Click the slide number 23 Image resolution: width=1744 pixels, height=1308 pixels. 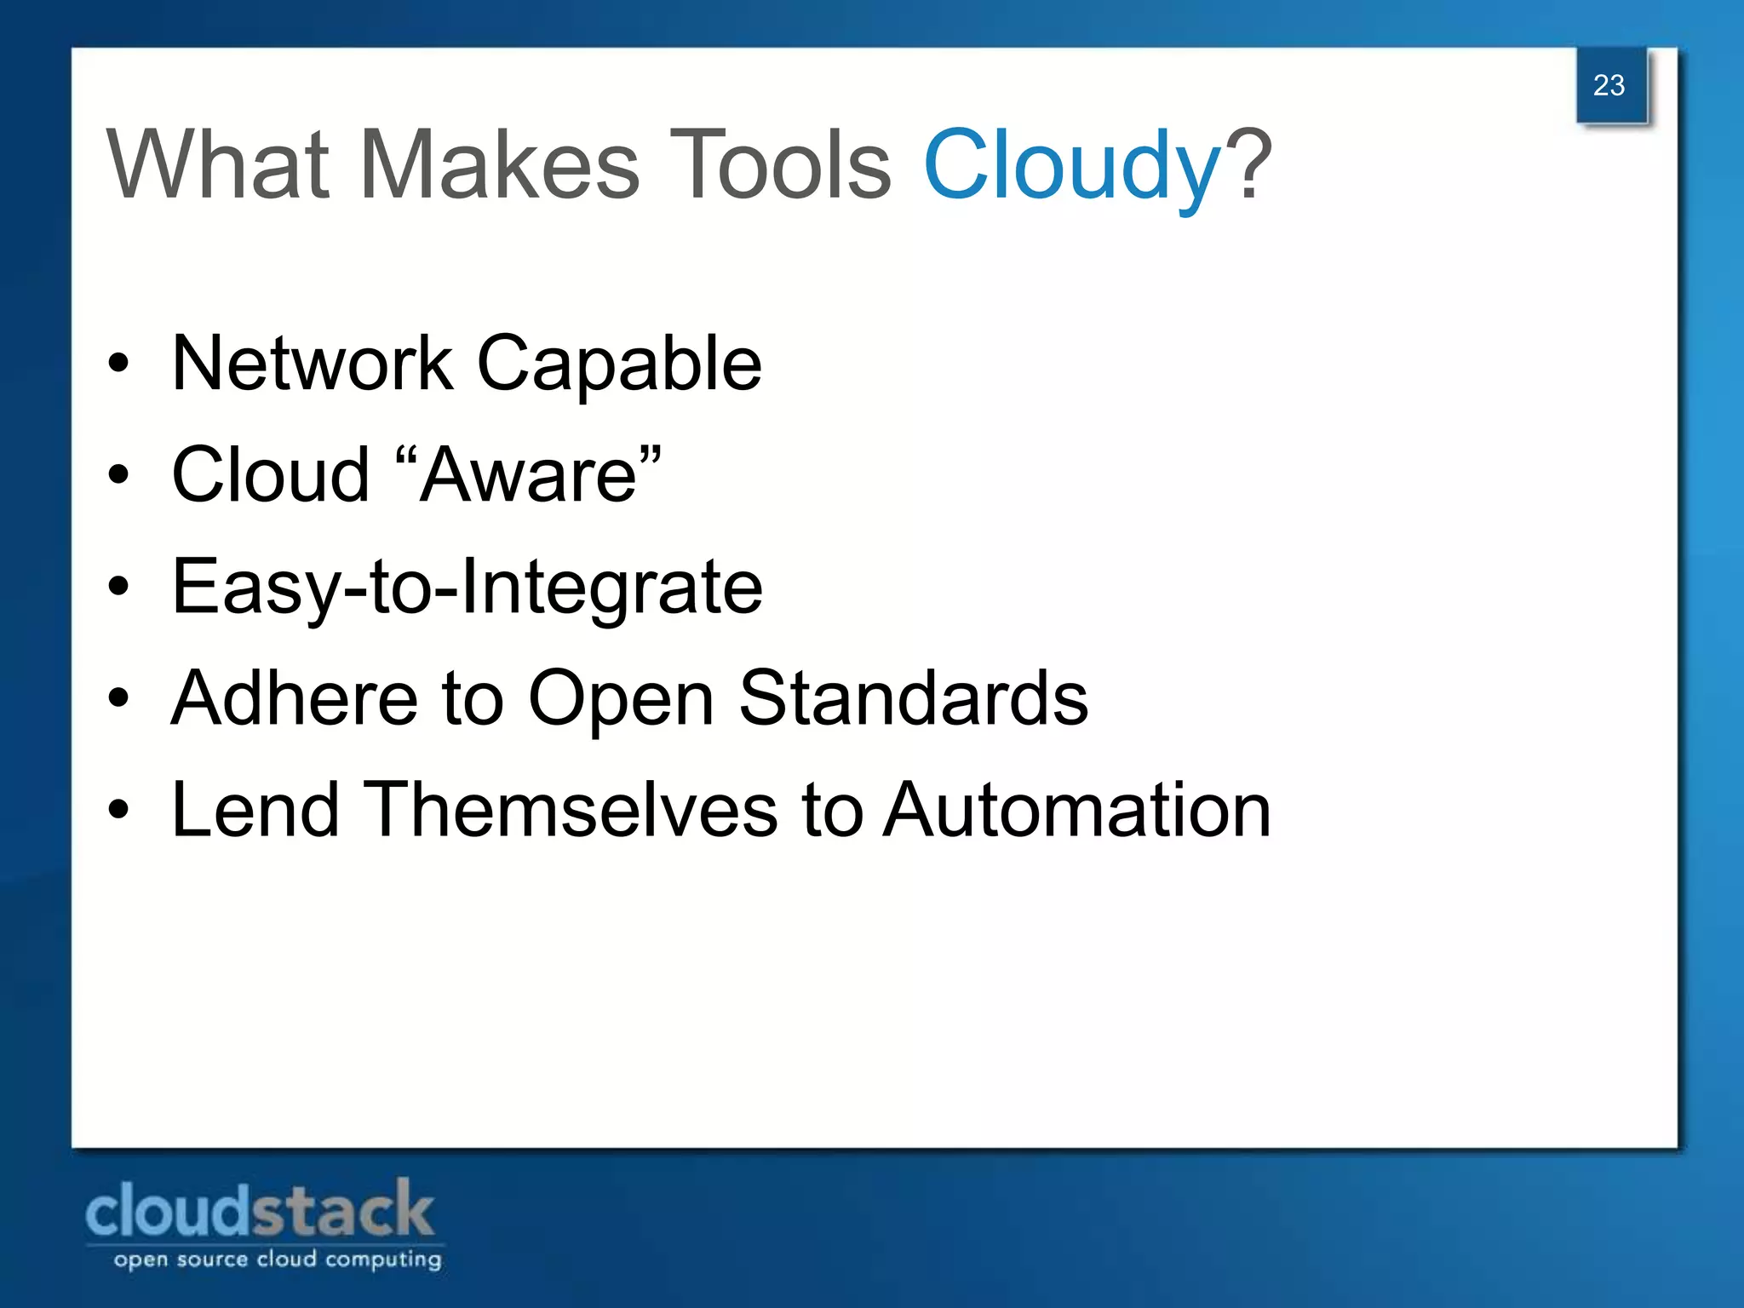[x=1609, y=85]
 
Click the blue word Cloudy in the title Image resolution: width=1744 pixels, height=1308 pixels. [x=1072, y=166]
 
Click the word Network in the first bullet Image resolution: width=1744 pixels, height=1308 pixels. [x=312, y=364]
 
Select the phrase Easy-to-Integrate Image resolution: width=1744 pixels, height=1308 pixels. [x=467, y=588]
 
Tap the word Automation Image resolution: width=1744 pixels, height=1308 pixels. [x=1076, y=810]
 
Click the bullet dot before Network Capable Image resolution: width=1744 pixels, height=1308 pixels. [x=118, y=364]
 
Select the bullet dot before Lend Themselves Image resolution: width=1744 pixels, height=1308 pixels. [x=118, y=810]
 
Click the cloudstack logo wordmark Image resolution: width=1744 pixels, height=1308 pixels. [x=260, y=1210]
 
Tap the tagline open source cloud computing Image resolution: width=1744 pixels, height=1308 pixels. [x=278, y=1259]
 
